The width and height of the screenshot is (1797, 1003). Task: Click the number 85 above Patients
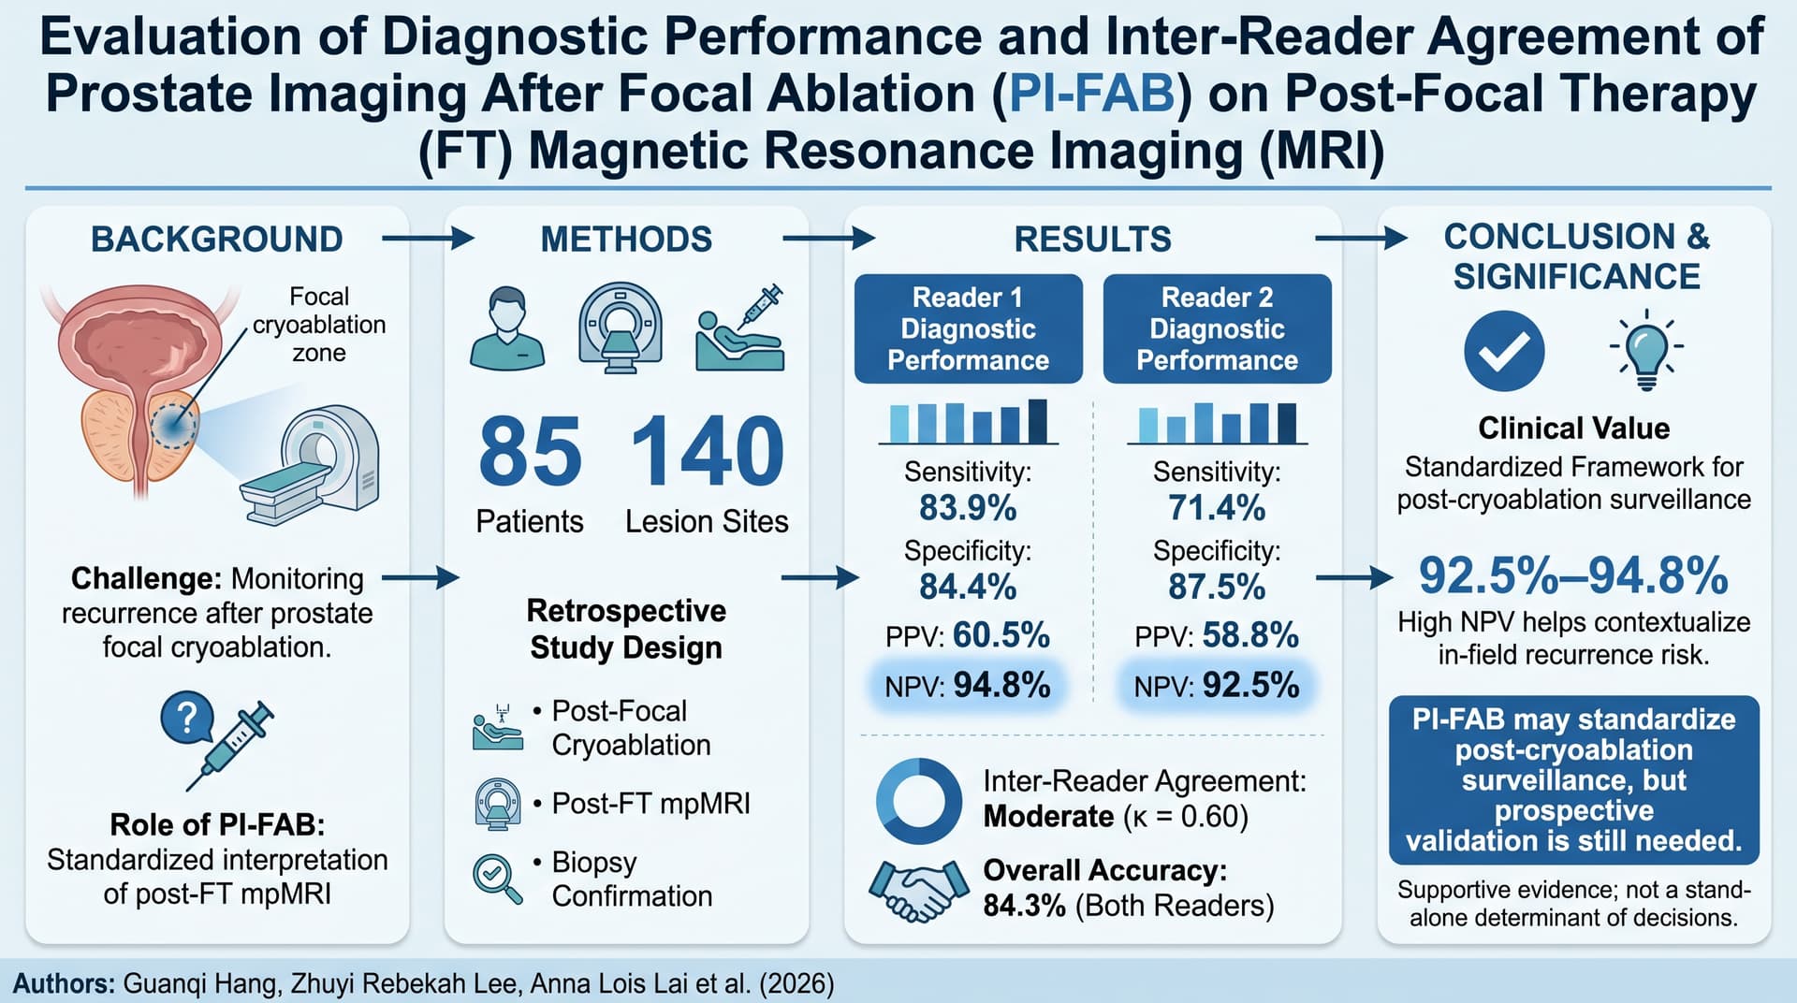click(530, 451)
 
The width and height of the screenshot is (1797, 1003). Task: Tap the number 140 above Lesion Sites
click(708, 451)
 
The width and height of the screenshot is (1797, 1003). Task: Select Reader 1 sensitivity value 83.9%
click(968, 508)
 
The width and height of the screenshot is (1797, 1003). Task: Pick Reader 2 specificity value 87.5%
click(1217, 587)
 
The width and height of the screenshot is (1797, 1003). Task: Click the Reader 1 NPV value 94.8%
click(1001, 686)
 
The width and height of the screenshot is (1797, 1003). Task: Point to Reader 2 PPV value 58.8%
click(1250, 635)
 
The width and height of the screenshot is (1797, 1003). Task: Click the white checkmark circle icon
click(1504, 351)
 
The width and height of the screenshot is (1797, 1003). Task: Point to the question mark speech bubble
click(186, 718)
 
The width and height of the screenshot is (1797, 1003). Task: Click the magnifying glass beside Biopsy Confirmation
click(498, 879)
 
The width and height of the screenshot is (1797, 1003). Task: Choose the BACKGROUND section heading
click(217, 240)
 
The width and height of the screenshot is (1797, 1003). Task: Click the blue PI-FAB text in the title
click(1091, 94)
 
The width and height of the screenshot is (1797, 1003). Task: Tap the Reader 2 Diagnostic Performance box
click(1217, 328)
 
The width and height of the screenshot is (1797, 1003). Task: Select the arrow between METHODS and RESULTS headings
click(828, 240)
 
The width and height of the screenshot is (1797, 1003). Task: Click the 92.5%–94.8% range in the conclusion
click(1573, 575)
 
